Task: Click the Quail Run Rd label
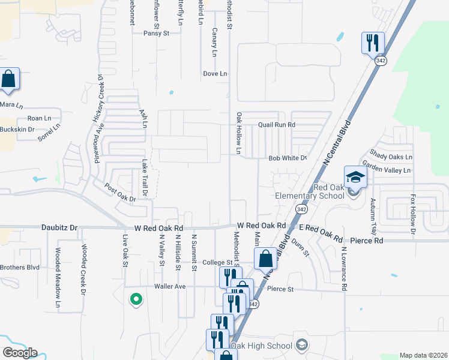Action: (x=277, y=125)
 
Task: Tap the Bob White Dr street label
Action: (x=288, y=158)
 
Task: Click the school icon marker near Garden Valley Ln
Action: (x=355, y=178)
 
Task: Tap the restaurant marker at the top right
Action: (x=372, y=43)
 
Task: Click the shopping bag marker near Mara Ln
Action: (x=8, y=79)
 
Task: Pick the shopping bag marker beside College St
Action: (x=265, y=259)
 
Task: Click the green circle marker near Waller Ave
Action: (x=136, y=298)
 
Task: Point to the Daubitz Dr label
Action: (x=59, y=228)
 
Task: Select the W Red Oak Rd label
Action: (x=158, y=228)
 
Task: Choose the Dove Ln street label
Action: (x=215, y=74)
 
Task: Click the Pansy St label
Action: (x=156, y=34)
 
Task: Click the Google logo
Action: (x=20, y=353)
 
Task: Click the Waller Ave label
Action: (x=170, y=287)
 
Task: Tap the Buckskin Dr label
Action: (x=17, y=129)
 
